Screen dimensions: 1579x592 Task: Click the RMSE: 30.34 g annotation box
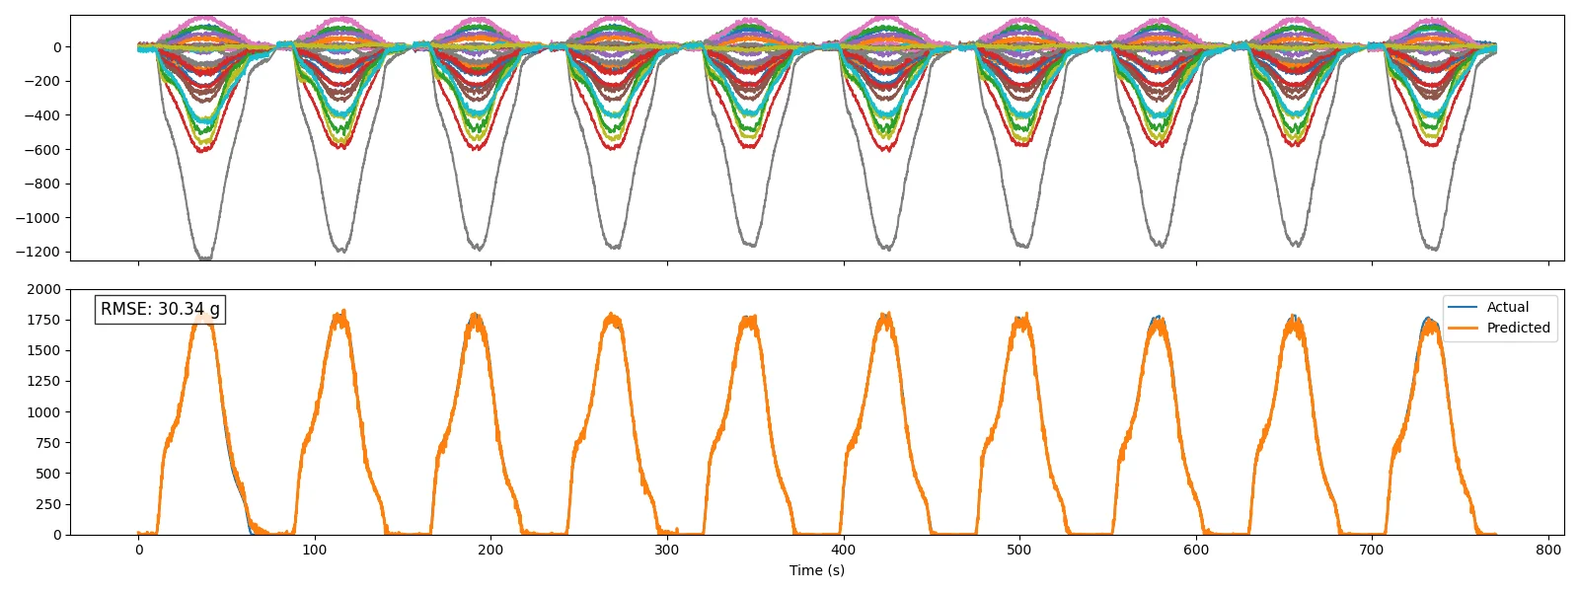(x=160, y=310)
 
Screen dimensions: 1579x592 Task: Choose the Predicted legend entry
(x=1499, y=328)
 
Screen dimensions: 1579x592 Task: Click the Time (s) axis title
(x=817, y=570)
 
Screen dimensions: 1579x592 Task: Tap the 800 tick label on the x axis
(x=1548, y=550)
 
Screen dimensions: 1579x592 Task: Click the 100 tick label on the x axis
(x=315, y=550)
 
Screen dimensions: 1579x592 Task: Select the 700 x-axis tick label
(x=1372, y=550)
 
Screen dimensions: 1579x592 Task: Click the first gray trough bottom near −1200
(x=205, y=259)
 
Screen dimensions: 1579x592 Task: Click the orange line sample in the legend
(x=1463, y=328)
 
